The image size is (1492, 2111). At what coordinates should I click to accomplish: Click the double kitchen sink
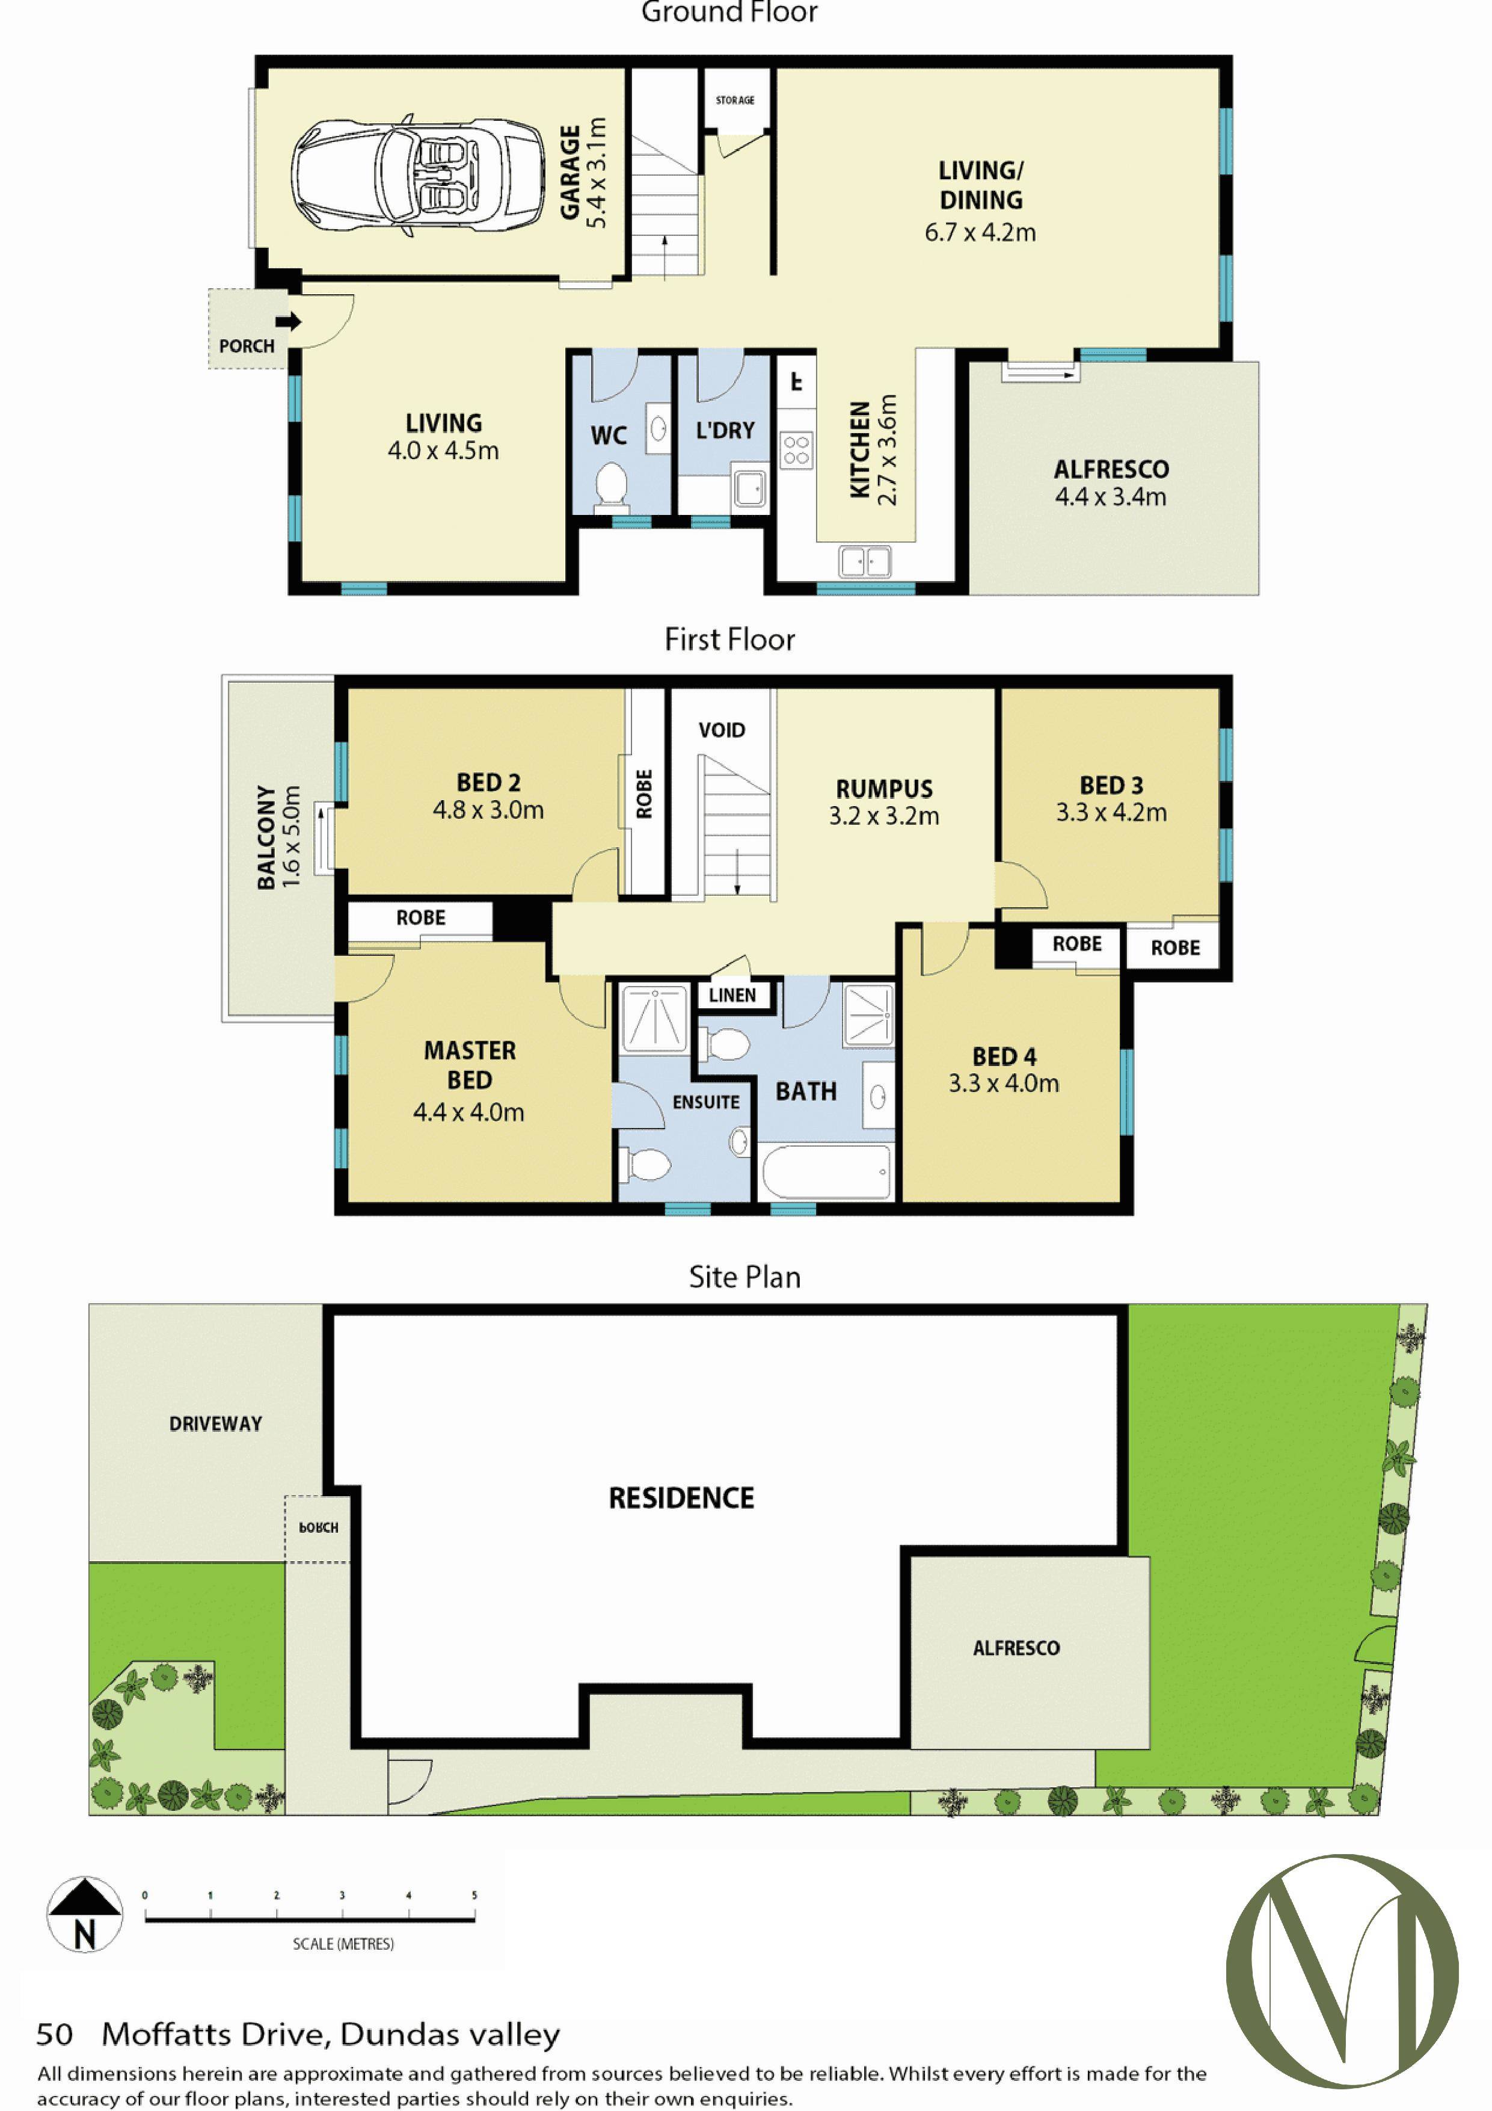(865, 561)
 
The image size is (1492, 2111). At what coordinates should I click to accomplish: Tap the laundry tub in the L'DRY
(749, 488)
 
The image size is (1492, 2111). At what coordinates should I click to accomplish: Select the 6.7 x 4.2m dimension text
(980, 233)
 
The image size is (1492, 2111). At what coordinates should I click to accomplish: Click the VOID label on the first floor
(722, 730)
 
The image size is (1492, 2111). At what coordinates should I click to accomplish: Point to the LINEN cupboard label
(732, 995)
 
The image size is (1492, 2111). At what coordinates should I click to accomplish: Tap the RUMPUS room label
(885, 789)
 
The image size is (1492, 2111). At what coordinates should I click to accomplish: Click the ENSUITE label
(706, 1102)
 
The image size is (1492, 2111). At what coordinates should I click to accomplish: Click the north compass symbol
(85, 1914)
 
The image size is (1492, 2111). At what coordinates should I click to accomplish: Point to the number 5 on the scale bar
(474, 1895)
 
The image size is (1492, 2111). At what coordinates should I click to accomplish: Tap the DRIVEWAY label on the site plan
(216, 1424)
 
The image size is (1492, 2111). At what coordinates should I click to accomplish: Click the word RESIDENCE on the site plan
(681, 1499)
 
